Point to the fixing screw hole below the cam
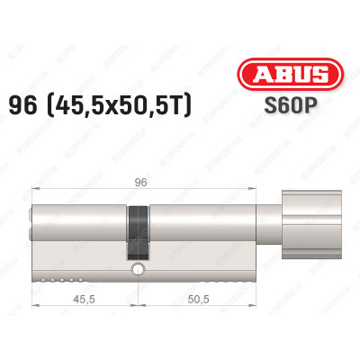138,269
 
